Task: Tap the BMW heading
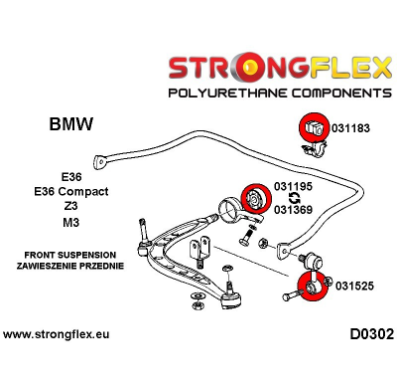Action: (71, 125)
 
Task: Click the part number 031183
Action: (354, 128)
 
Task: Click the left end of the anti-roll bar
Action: (101, 159)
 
